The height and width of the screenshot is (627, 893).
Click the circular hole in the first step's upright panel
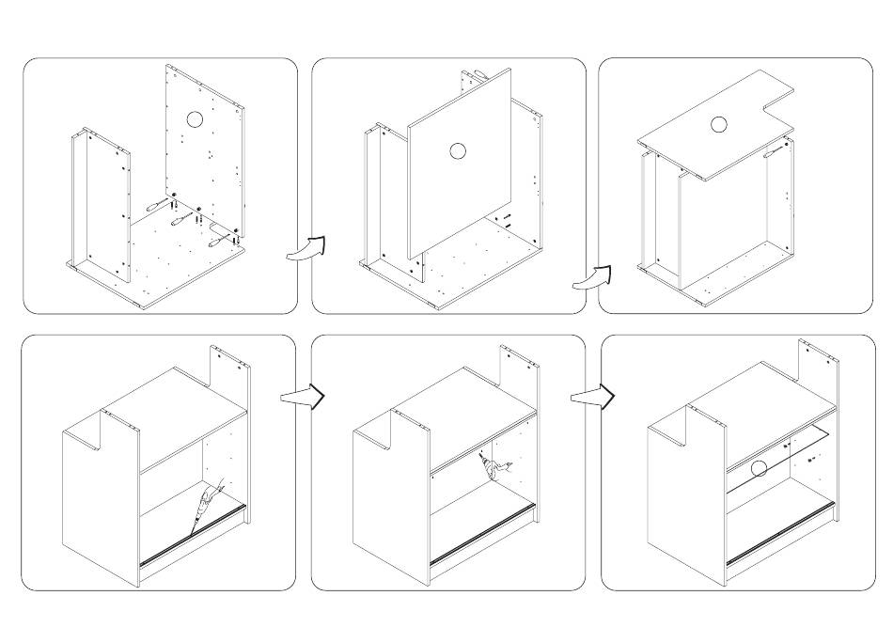(194, 119)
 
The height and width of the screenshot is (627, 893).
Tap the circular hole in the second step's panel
(458, 150)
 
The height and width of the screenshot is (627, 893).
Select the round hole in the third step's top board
(719, 124)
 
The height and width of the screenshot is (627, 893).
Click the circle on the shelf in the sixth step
(759, 467)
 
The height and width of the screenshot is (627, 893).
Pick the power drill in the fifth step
(490, 465)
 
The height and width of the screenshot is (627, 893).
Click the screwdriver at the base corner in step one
(223, 235)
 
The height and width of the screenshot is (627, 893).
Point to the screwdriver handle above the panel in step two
(478, 72)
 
